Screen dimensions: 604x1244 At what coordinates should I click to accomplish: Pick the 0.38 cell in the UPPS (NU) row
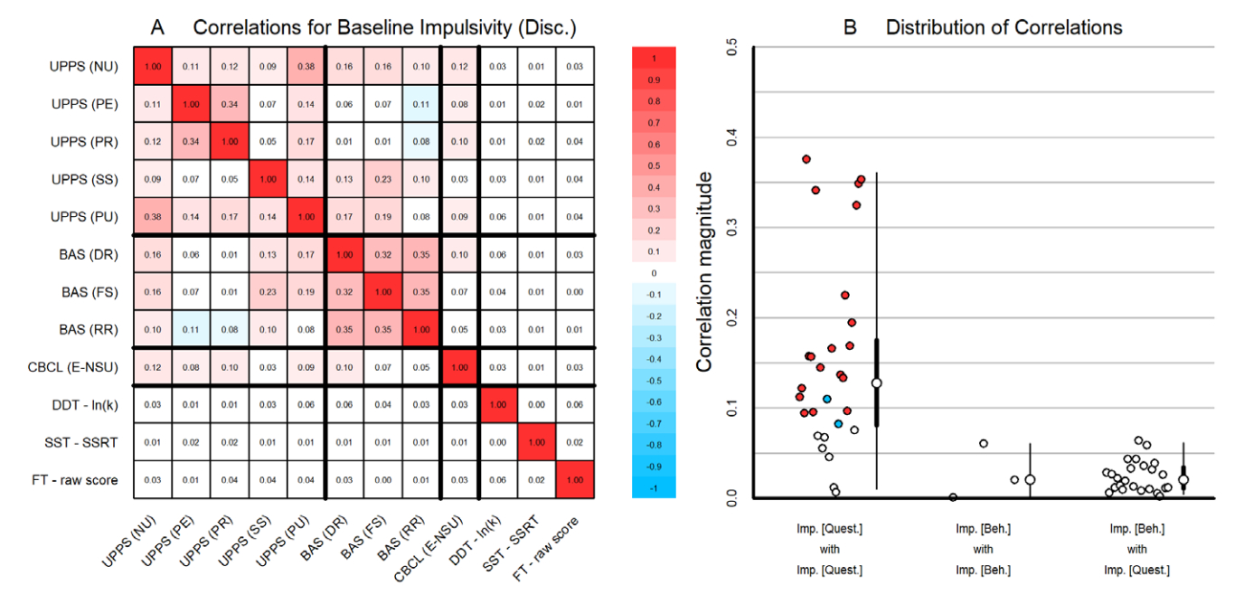(305, 66)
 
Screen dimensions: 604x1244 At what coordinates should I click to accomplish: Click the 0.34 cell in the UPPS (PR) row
(191, 141)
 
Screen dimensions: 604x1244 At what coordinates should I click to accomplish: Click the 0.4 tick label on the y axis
(732, 137)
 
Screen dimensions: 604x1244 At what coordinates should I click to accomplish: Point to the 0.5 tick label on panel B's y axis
(732, 47)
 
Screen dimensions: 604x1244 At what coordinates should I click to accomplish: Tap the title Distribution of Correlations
(1004, 27)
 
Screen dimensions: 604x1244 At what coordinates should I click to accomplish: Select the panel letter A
(157, 27)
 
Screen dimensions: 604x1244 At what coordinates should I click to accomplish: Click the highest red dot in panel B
(806, 159)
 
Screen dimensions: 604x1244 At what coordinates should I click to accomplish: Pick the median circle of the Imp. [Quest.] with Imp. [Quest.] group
(876, 382)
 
